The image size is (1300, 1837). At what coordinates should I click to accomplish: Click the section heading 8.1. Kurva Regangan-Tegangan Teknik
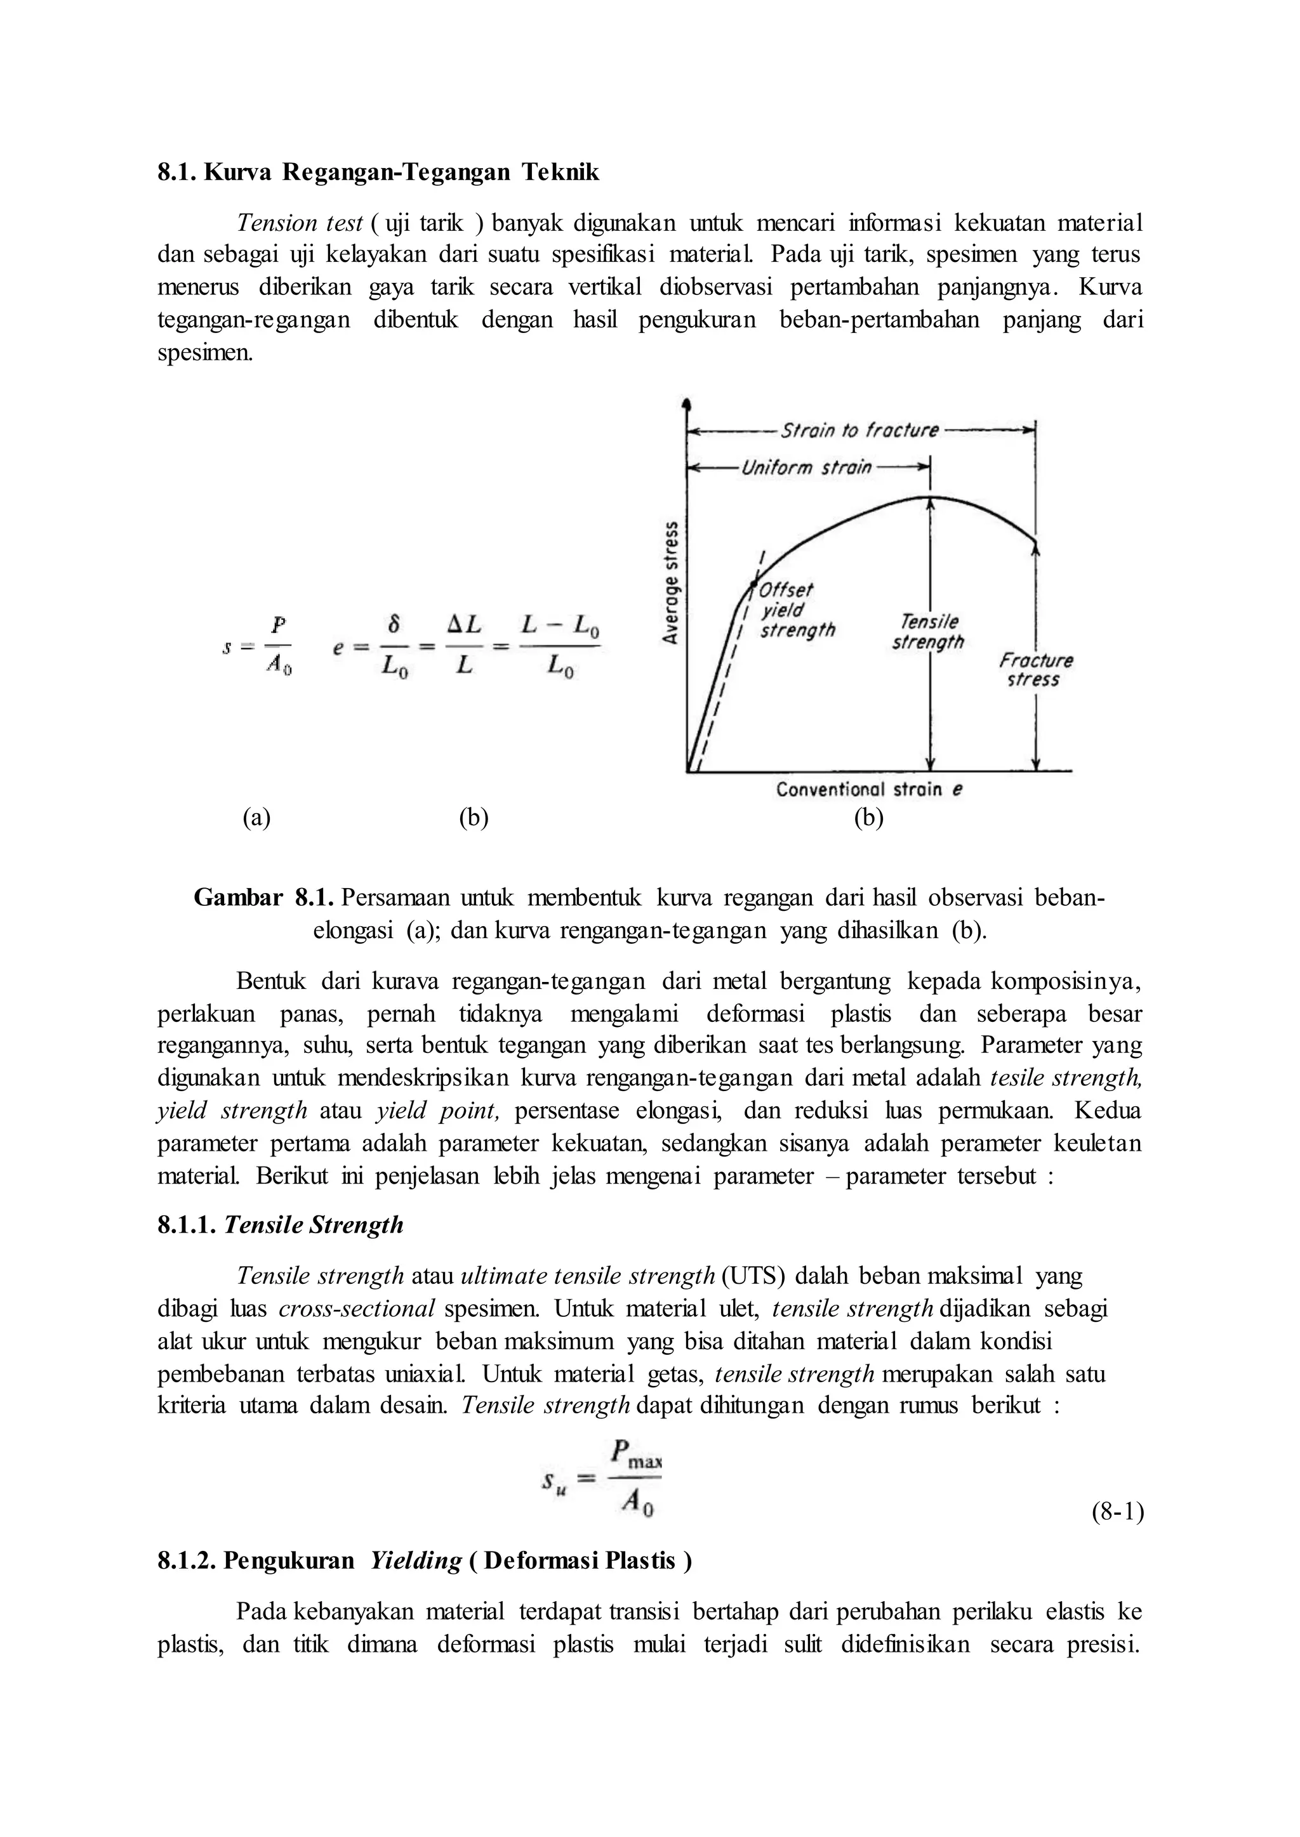click(x=378, y=172)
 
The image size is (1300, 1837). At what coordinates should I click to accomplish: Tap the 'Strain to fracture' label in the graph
click(x=859, y=431)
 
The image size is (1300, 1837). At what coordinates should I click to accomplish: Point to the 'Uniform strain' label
click(x=806, y=467)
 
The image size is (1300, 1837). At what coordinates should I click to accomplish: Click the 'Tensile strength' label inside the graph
click(x=929, y=632)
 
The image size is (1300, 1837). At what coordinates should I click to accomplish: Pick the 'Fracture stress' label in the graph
click(x=1036, y=670)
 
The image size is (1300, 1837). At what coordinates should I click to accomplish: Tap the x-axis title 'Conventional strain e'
click(x=868, y=790)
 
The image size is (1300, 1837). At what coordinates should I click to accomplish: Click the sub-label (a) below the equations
click(x=257, y=817)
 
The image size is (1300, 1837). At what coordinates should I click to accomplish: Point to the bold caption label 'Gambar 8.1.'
click(x=263, y=898)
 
